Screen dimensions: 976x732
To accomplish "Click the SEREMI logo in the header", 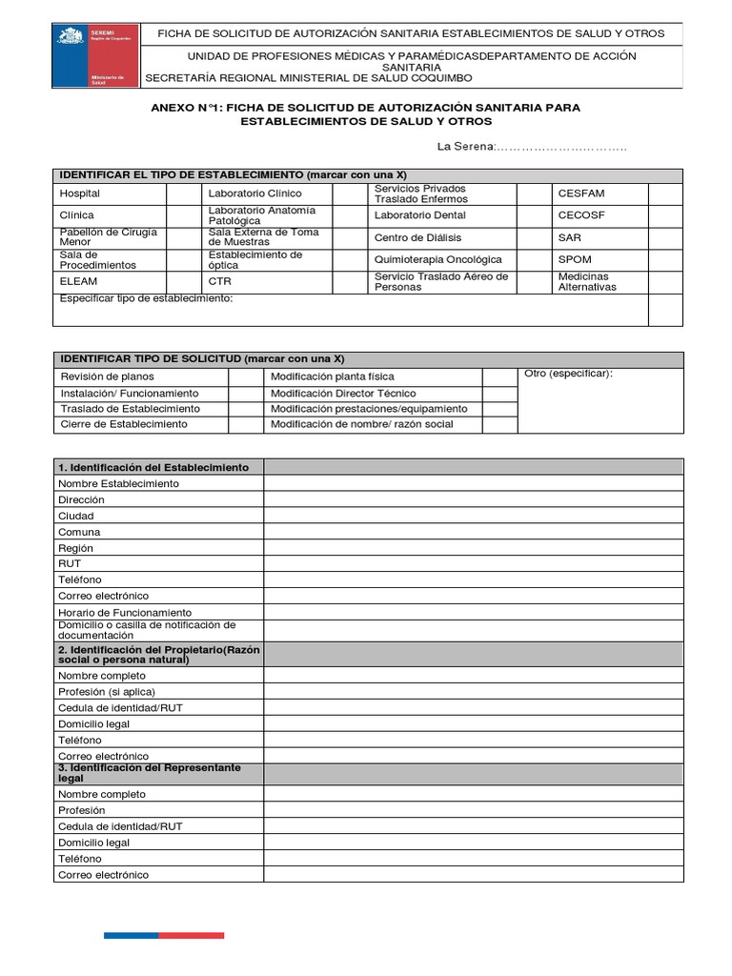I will pos(94,56).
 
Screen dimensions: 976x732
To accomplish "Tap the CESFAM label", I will pos(580,193).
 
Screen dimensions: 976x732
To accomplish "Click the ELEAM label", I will pos(78,282).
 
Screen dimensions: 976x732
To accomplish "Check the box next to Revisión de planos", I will pos(245,376).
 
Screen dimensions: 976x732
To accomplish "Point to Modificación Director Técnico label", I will pos(343,393).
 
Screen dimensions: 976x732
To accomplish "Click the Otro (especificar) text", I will pos(568,374).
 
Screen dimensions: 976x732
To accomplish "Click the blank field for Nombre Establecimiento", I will pos(473,483).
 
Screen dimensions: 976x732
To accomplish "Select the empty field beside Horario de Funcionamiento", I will pos(473,612).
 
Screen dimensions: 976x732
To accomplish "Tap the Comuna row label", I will pos(79,532).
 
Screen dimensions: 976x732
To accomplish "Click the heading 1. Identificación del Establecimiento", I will pos(153,467).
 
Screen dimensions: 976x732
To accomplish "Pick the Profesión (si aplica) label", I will pos(106,692).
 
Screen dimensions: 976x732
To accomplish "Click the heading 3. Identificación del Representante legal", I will pos(151,773).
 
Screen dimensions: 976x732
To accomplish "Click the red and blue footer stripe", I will pos(164,936).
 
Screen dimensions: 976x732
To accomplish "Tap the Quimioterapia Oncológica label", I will pos(437,259).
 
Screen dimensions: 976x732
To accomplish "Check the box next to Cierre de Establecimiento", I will pos(245,424).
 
